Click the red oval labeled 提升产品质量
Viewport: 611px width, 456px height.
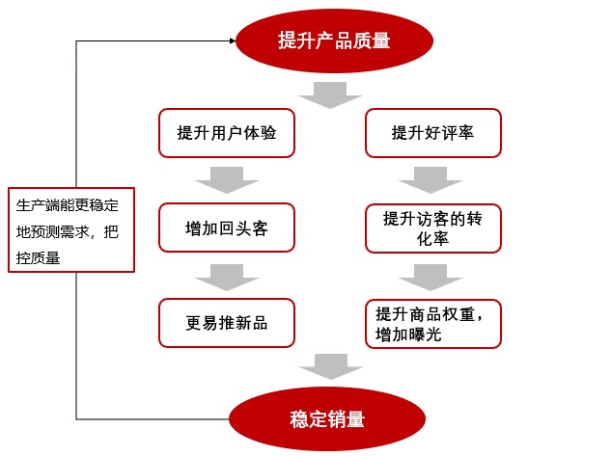point(334,40)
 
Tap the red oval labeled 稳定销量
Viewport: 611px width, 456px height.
point(327,418)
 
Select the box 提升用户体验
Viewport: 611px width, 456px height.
point(227,133)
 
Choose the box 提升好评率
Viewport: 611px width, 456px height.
point(433,133)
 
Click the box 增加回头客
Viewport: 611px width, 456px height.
point(227,228)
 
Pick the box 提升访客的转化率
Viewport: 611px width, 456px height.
point(433,228)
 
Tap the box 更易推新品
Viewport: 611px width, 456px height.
point(227,323)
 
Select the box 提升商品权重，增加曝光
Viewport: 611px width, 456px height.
point(433,324)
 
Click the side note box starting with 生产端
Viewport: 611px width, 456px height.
point(71,229)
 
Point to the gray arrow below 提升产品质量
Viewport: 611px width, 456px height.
point(330,94)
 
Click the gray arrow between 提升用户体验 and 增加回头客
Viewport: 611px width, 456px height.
point(227,180)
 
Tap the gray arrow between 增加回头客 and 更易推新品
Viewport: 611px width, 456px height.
point(227,278)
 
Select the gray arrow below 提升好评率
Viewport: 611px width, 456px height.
point(430,180)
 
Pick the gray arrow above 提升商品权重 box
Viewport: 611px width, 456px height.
point(430,278)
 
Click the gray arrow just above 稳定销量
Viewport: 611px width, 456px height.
point(331,366)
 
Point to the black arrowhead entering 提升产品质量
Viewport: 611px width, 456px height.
point(233,40)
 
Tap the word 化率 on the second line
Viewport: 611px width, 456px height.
point(433,238)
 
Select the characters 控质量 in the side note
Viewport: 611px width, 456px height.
point(39,257)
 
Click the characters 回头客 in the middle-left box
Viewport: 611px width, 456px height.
point(243,228)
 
